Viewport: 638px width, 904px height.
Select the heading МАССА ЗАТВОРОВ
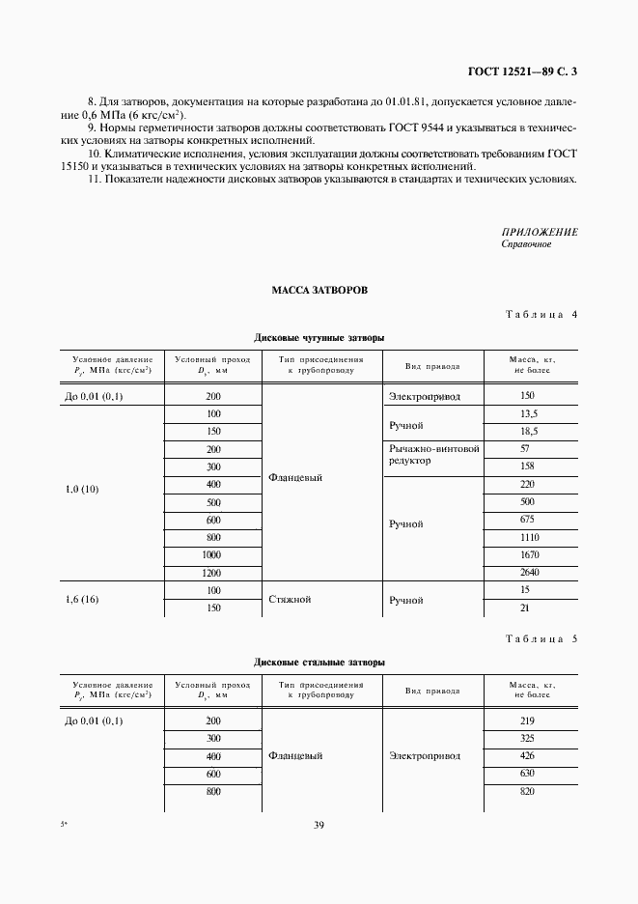click(319, 289)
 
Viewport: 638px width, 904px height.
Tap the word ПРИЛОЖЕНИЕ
click(540, 232)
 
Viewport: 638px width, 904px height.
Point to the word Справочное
click(526, 244)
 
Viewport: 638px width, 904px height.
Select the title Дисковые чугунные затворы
click(319, 338)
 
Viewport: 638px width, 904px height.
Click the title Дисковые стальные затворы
click(319, 663)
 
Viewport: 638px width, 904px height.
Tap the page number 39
click(319, 824)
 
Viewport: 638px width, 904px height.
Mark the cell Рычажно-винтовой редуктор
click(433, 455)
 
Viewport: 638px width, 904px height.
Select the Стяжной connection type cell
click(290, 600)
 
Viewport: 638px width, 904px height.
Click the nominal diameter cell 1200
click(212, 573)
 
